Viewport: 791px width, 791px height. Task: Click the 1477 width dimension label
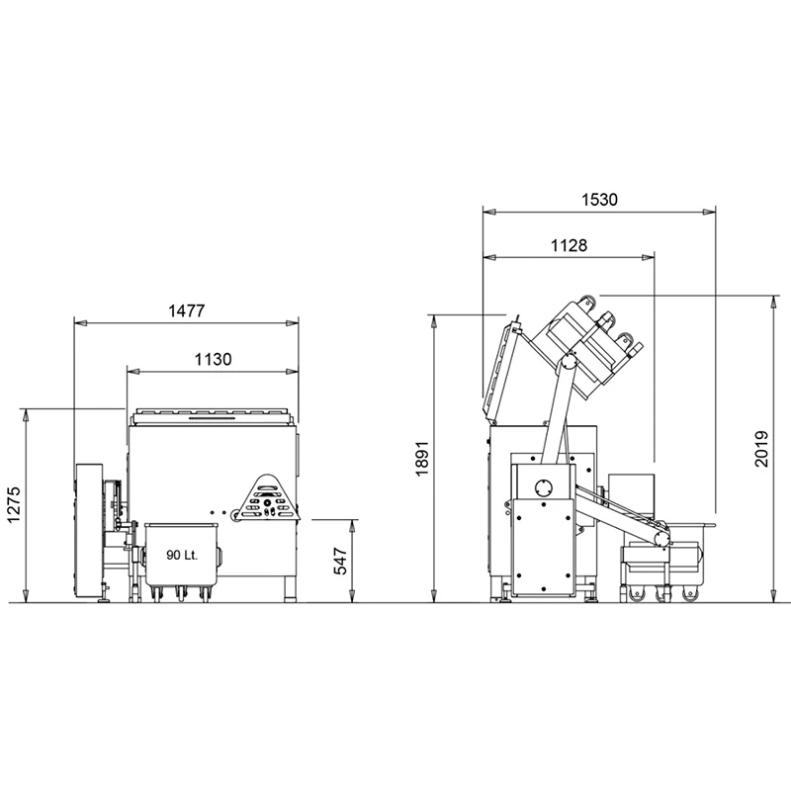click(x=187, y=310)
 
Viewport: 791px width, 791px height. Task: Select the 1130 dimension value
click(x=214, y=360)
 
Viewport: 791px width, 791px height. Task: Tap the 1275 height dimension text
click(x=14, y=505)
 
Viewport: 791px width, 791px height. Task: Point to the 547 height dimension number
click(x=341, y=561)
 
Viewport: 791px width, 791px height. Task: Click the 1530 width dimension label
click(x=599, y=200)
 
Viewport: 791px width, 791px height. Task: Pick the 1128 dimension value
click(x=570, y=245)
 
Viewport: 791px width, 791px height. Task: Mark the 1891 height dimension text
click(x=422, y=458)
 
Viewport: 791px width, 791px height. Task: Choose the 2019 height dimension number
click(x=761, y=449)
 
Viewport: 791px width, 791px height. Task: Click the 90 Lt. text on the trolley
click(x=182, y=556)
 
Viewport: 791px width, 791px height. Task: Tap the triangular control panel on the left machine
click(x=268, y=498)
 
